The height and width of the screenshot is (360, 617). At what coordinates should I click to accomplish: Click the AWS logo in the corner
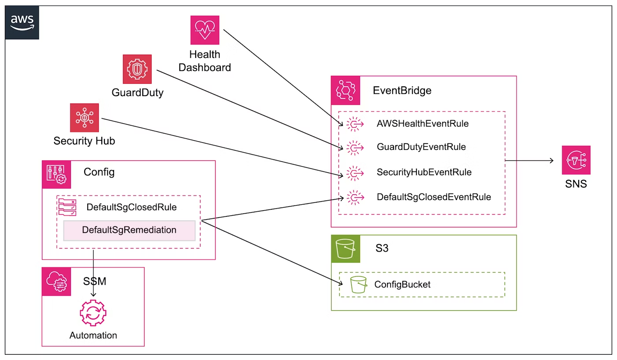click(x=22, y=22)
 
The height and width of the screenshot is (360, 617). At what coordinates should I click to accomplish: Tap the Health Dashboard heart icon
click(x=204, y=30)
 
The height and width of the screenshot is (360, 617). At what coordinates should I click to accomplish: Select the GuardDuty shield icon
click(x=137, y=69)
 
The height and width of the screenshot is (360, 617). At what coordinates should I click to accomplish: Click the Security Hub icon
click(x=84, y=118)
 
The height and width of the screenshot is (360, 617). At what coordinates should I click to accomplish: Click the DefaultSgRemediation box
click(x=129, y=230)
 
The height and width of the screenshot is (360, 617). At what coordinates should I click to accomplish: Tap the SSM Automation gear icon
click(x=93, y=313)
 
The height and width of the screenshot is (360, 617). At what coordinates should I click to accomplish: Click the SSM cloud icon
click(x=56, y=281)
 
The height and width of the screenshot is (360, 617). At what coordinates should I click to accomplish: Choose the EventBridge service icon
click(x=346, y=90)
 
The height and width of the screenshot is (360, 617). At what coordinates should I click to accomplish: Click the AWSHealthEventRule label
click(x=422, y=124)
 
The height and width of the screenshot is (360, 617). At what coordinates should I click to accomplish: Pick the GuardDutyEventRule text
click(x=421, y=147)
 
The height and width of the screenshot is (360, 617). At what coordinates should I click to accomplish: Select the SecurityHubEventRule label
click(x=424, y=172)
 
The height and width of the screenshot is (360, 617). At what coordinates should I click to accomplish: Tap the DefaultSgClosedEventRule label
click(x=434, y=197)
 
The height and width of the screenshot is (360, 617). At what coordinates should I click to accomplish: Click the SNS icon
click(x=576, y=160)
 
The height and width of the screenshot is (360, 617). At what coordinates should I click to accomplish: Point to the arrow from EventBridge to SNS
click(x=529, y=161)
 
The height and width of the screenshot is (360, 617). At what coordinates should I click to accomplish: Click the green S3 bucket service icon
click(x=346, y=249)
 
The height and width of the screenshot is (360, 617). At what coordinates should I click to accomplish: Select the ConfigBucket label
click(x=402, y=285)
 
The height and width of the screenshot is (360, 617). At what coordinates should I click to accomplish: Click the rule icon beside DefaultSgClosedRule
click(x=67, y=207)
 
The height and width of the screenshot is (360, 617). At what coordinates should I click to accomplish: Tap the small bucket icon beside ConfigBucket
click(x=358, y=285)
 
